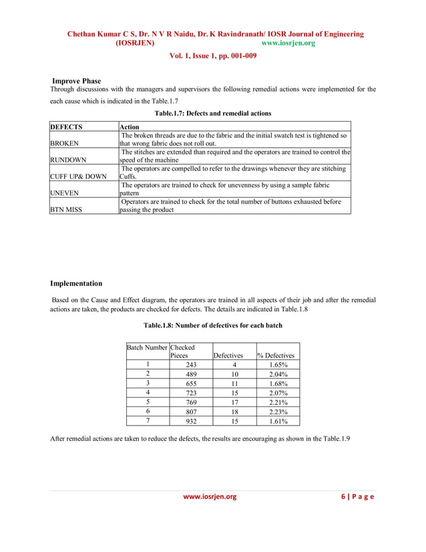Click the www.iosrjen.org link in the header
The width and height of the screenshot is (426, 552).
pyautogui.click(x=288, y=43)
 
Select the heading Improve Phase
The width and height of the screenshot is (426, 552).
pyautogui.click(x=76, y=81)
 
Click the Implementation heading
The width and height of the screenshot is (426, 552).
pyautogui.click(x=77, y=283)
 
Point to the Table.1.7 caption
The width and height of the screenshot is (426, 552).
pyautogui.click(x=213, y=113)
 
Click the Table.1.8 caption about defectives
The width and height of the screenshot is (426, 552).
pyautogui.click(x=213, y=325)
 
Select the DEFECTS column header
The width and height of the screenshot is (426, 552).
pyautogui.click(x=69, y=126)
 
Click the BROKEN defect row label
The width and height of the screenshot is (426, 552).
pyautogui.click(x=65, y=143)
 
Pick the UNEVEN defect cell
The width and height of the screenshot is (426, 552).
pyautogui.click(x=66, y=194)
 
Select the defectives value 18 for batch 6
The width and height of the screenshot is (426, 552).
pyautogui.click(x=233, y=412)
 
